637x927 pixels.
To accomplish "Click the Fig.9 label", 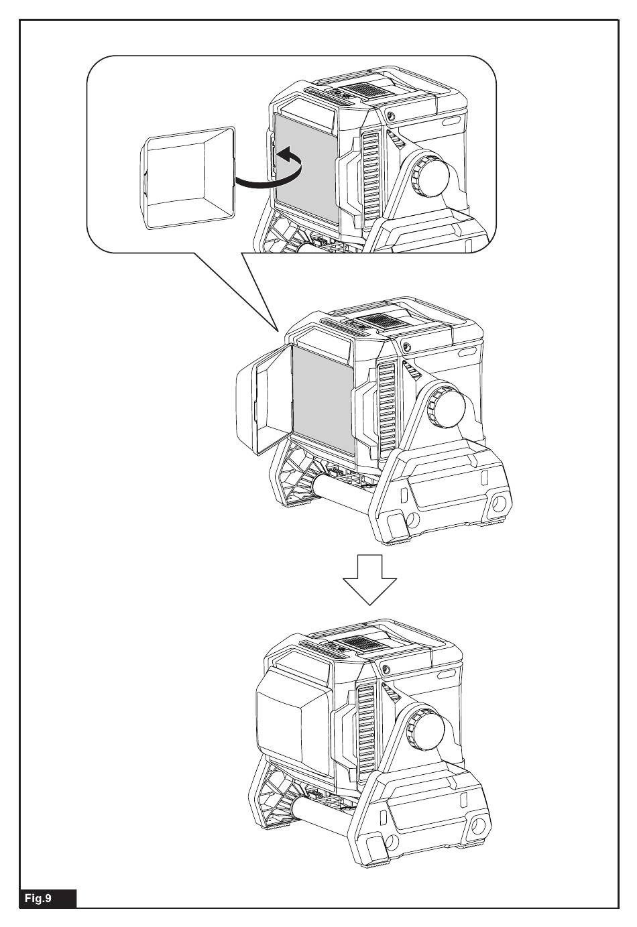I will [47, 896].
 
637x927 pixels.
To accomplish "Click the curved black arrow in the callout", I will [268, 171].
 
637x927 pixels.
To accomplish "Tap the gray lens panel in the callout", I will [305, 168].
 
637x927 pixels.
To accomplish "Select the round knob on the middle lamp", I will [446, 406].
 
